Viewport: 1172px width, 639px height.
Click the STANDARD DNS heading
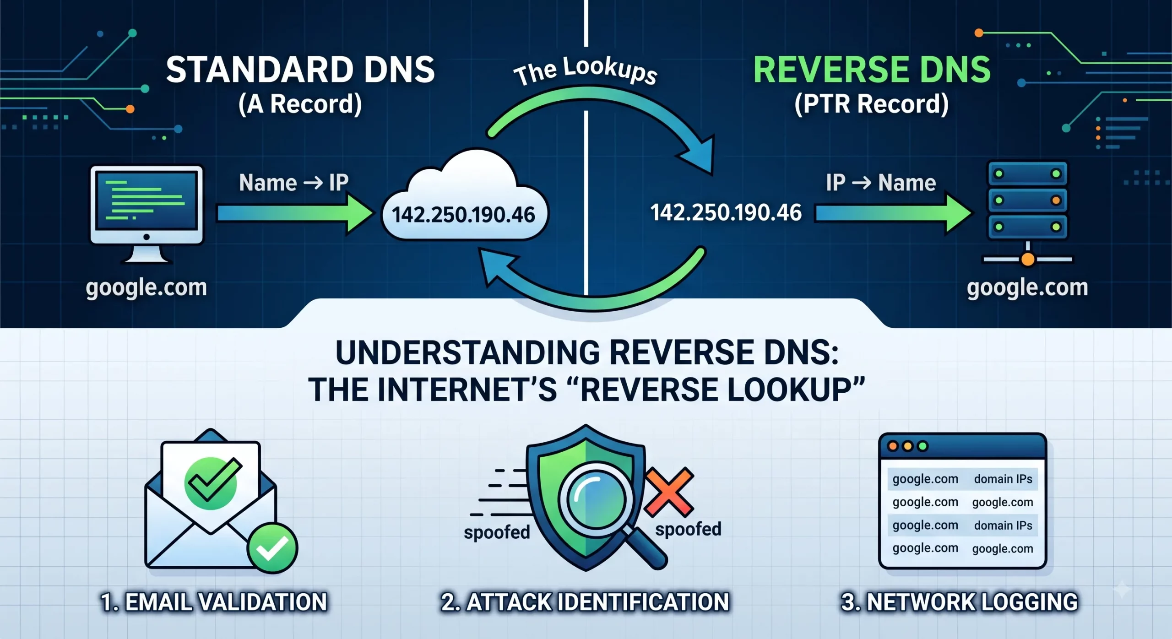(300, 70)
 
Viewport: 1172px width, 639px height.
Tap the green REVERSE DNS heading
(872, 70)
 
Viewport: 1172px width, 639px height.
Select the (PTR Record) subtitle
(871, 104)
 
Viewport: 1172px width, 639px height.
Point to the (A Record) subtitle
(300, 104)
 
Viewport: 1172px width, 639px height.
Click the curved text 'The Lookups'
(586, 71)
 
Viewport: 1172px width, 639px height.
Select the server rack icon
(1028, 213)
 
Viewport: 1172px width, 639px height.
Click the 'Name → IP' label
(294, 183)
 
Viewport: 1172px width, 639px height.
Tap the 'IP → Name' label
(881, 183)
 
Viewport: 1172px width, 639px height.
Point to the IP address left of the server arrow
(726, 213)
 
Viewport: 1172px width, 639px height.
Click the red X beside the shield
(669, 492)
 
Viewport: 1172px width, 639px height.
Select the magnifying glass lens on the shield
(596, 496)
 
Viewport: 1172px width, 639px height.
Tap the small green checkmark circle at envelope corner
(272, 548)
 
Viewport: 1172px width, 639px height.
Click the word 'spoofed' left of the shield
(497, 532)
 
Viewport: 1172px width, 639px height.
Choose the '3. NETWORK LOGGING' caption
(960, 602)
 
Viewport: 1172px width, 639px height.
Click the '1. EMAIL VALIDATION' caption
(214, 602)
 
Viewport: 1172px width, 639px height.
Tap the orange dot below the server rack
(1028, 260)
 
